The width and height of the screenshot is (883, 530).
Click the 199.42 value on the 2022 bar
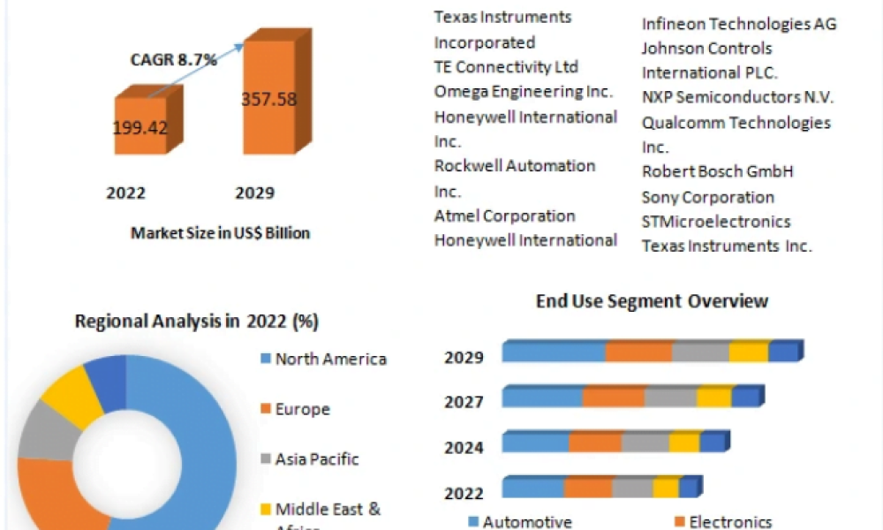tap(140, 128)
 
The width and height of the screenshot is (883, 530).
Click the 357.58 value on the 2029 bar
tap(268, 98)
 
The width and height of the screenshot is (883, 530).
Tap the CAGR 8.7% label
tap(175, 60)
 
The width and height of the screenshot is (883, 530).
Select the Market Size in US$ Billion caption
tap(221, 233)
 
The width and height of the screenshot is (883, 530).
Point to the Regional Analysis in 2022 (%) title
tap(196, 322)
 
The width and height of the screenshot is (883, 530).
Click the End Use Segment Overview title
tap(652, 301)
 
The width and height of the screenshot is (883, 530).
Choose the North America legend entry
tap(330, 359)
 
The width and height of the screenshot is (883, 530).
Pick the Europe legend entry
tap(302, 409)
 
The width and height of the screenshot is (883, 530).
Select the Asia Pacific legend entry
tap(316, 459)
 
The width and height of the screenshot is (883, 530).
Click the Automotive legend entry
tap(526, 522)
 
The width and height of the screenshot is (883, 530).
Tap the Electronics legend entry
tap(729, 522)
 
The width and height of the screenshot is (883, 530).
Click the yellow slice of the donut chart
tap(73, 396)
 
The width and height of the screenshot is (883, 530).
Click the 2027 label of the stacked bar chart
tap(464, 403)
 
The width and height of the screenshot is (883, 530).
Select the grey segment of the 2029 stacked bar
tap(700, 352)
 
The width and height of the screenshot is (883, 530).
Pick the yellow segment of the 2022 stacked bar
tap(666, 488)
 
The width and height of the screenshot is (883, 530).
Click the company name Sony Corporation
tap(707, 197)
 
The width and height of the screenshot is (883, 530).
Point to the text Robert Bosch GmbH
tap(717, 171)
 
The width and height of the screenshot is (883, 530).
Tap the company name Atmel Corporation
tap(504, 216)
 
